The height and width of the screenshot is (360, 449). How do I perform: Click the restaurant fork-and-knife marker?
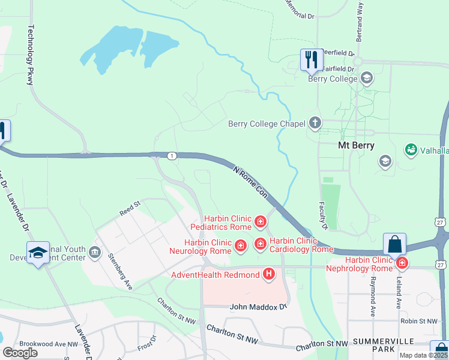(x=311, y=59)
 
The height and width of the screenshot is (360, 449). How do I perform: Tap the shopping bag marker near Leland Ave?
(x=394, y=244)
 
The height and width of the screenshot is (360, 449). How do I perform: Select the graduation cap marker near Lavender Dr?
(x=37, y=254)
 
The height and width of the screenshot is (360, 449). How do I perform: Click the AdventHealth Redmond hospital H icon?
(x=269, y=275)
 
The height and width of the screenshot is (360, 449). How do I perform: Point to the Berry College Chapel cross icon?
(x=315, y=124)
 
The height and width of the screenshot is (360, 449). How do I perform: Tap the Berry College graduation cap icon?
(x=367, y=78)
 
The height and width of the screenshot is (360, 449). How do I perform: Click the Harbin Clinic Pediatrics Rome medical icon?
(x=261, y=223)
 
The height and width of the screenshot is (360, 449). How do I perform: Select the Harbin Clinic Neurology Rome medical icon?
(x=240, y=245)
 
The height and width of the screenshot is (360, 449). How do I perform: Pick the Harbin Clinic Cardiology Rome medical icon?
(x=261, y=244)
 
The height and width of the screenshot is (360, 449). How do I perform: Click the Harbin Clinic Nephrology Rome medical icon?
(x=402, y=262)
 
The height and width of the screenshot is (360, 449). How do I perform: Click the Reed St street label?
(x=130, y=208)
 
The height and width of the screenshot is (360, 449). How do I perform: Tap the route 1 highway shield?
(x=172, y=156)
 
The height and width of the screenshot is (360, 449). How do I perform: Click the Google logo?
(x=20, y=353)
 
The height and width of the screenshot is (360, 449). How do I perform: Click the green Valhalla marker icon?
(x=411, y=149)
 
